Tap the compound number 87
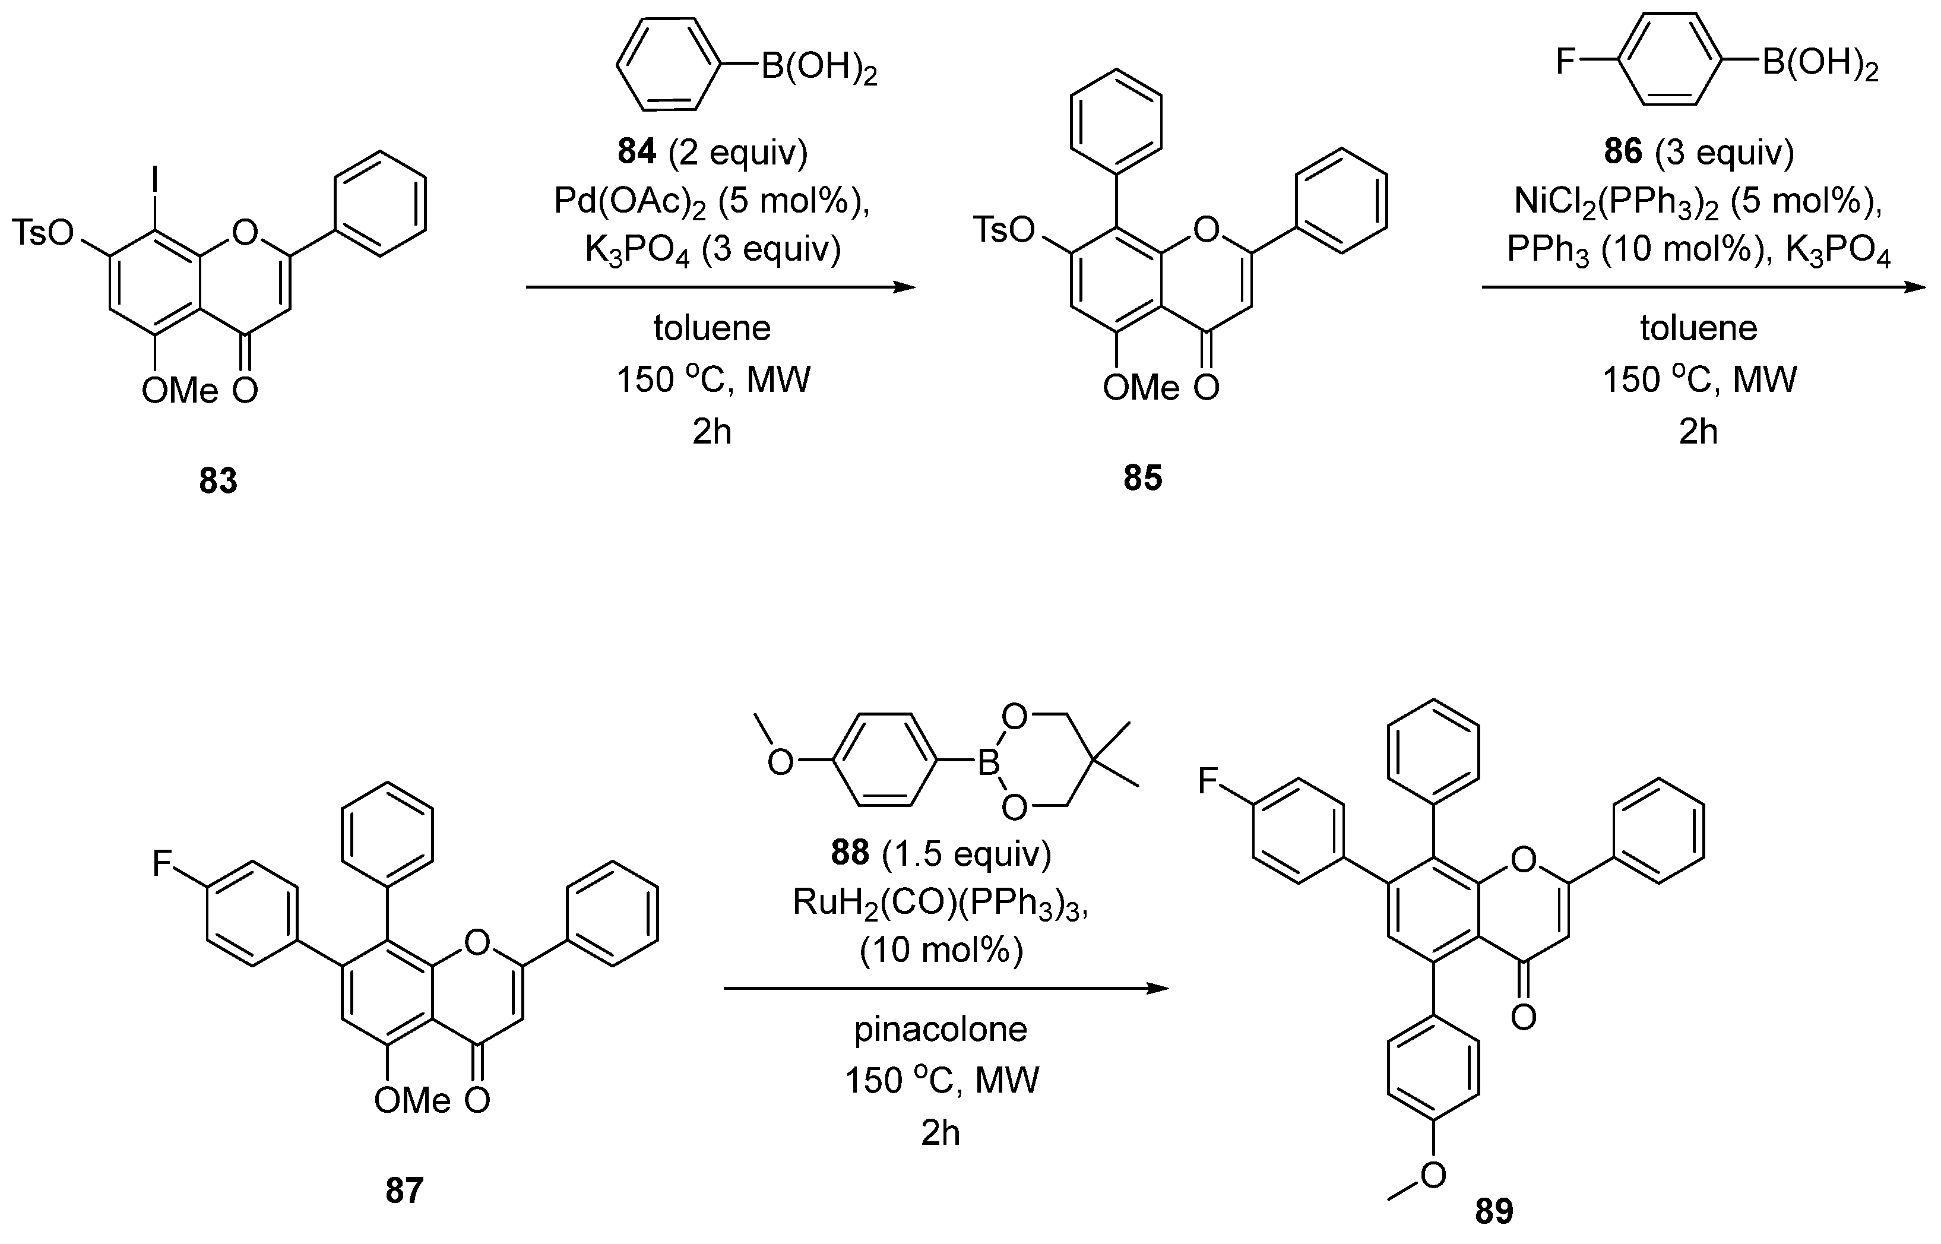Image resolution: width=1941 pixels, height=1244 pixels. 404,1191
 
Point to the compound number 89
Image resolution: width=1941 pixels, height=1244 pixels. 1493,1212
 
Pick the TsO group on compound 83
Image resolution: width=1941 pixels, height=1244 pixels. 42,233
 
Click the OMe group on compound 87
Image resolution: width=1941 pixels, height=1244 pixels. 412,1100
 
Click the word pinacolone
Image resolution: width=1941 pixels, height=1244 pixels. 941,1029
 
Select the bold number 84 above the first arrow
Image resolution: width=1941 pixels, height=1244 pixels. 637,152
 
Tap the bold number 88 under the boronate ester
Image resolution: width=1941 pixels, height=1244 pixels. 850,853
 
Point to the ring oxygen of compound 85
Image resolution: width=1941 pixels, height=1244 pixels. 1205,230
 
